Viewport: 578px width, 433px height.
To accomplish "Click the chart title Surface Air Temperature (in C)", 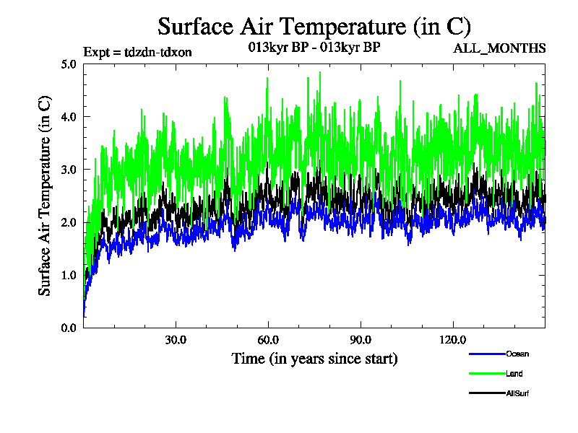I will coord(314,27).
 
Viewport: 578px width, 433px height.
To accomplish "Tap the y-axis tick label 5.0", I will coord(69,64).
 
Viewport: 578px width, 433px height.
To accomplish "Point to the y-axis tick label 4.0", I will coord(69,117).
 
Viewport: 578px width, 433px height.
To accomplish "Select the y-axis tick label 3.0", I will coord(69,170).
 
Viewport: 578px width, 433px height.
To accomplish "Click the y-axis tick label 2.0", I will coord(69,222).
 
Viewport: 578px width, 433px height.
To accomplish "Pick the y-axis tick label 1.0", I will coord(69,275).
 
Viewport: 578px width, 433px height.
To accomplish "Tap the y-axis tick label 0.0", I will coord(69,328).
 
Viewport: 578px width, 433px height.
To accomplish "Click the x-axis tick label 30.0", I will coord(176,340).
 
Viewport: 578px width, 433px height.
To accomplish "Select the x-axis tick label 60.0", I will coord(269,340).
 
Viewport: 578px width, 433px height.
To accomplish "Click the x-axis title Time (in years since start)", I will coord(314,358).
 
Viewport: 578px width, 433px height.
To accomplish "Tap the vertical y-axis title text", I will coord(45,196).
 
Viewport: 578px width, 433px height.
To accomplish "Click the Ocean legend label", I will coord(517,354).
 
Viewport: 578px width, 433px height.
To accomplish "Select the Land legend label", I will coord(514,374).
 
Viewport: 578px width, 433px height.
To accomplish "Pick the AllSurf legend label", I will coord(518,393).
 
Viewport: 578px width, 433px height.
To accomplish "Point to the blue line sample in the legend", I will coord(486,354).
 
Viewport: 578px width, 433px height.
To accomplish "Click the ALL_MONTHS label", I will coord(499,48).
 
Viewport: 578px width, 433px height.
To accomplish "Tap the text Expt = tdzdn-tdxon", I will coord(137,51).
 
